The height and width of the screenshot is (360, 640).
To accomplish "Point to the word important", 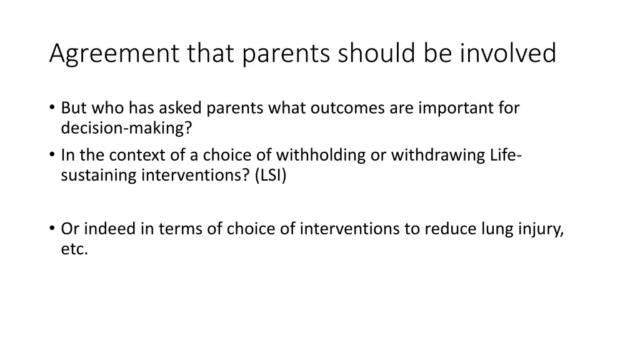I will click(454, 108).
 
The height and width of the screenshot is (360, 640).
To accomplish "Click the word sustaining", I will click(99, 176).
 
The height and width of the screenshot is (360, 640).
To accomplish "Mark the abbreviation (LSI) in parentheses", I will click(270, 176).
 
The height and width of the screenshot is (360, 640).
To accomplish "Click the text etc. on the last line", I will click(74, 249).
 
